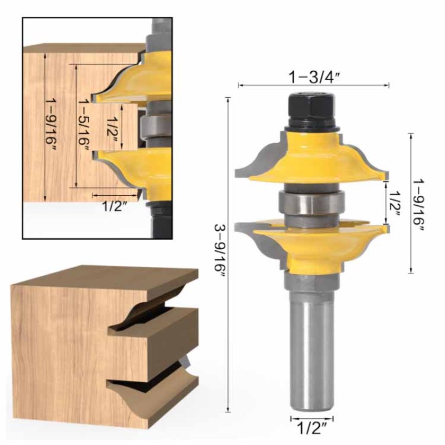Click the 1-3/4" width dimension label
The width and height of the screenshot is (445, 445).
coord(314,77)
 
